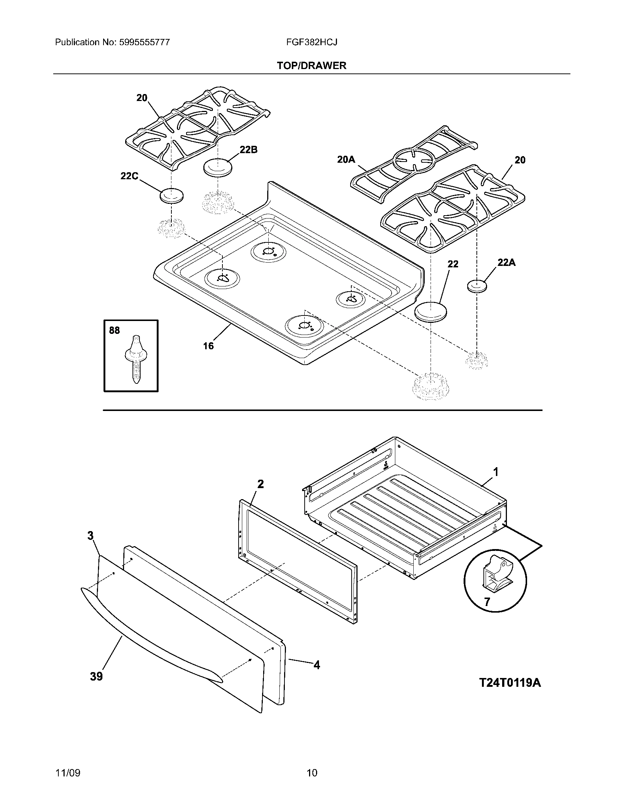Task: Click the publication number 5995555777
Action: [145, 42]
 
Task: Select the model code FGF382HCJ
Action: [311, 42]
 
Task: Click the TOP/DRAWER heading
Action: [312, 66]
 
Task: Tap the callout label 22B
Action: [248, 150]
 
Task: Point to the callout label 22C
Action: [129, 176]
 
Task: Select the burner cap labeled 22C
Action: [171, 195]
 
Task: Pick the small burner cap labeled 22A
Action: [477, 286]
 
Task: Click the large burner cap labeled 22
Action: [431, 312]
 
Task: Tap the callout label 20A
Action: [346, 159]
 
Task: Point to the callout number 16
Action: [208, 346]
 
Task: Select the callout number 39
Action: [96, 677]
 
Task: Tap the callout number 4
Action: [316, 665]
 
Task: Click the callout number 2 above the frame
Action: [261, 484]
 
